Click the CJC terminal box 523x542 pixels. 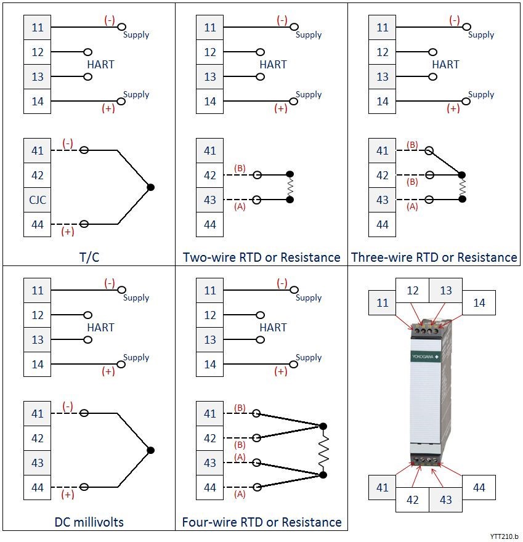[x=38, y=200]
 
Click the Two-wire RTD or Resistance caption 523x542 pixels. [x=262, y=257]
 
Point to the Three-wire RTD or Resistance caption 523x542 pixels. [x=434, y=257]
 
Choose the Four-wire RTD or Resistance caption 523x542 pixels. [x=262, y=522]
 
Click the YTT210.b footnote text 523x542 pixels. [x=505, y=536]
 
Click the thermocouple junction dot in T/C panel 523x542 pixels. [x=150, y=187]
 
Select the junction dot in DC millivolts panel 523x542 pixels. [x=150, y=450]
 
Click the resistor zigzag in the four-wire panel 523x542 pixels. [x=323, y=450]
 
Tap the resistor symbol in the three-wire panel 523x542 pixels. [x=462, y=187]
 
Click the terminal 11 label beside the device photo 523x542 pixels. [x=383, y=303]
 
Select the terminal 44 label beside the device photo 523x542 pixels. [x=479, y=487]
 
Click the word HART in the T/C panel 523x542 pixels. [x=100, y=64]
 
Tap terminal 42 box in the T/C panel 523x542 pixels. [x=38, y=175]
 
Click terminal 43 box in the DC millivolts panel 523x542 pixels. [x=38, y=463]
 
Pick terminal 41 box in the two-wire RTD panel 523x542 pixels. [x=210, y=150]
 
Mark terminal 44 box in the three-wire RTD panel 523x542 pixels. [x=383, y=224]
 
